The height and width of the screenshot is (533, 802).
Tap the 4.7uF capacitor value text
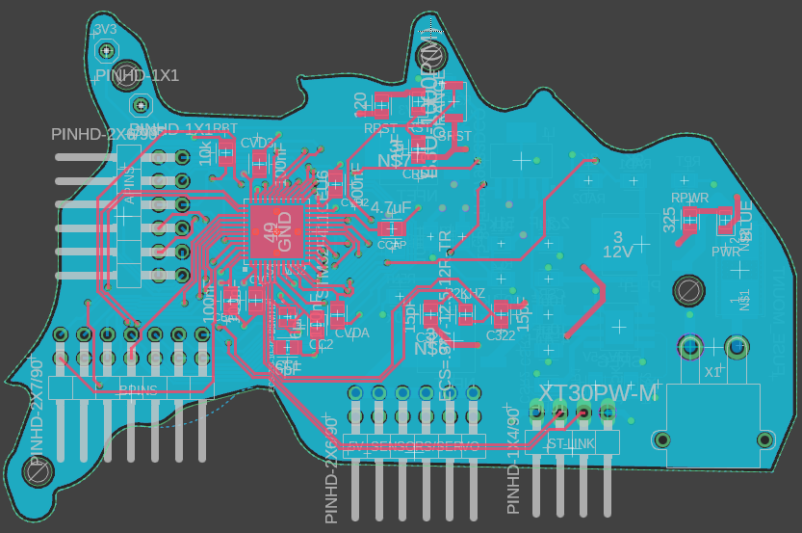click(391, 208)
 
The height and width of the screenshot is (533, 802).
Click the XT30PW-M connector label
click(598, 393)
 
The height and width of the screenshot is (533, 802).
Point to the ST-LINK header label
click(570, 444)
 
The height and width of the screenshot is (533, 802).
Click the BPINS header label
click(138, 389)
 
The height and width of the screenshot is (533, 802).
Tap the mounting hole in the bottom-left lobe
click(36, 471)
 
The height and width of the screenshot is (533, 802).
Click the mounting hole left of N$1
click(688, 288)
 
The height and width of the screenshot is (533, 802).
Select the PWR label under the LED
click(725, 252)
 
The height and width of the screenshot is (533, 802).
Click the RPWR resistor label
click(689, 199)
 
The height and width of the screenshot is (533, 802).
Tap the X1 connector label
click(712, 372)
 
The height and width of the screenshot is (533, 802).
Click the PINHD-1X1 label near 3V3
click(137, 75)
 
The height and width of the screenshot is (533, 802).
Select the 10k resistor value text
click(205, 153)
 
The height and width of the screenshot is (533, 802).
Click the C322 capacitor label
click(501, 335)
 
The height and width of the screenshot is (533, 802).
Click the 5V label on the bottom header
click(356, 446)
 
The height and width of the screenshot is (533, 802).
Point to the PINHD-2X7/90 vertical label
click(38, 411)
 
